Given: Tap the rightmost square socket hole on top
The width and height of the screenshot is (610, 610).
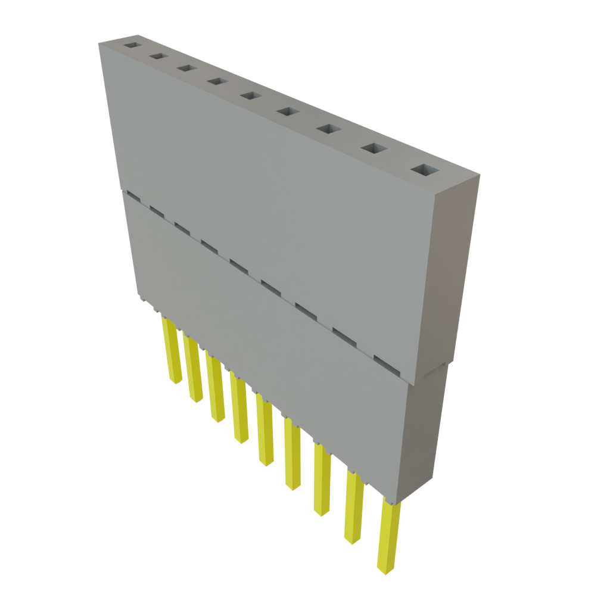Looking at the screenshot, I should [x=424, y=171].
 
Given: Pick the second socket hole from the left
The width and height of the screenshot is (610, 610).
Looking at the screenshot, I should [x=158, y=56].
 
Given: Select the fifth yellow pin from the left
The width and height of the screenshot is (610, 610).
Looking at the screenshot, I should [x=264, y=432].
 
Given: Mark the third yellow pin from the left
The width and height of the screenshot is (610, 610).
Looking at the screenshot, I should [x=216, y=387].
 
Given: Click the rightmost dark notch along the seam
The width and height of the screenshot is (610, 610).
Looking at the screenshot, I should [x=384, y=360].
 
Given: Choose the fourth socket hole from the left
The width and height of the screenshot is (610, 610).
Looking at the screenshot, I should [x=217, y=81].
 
